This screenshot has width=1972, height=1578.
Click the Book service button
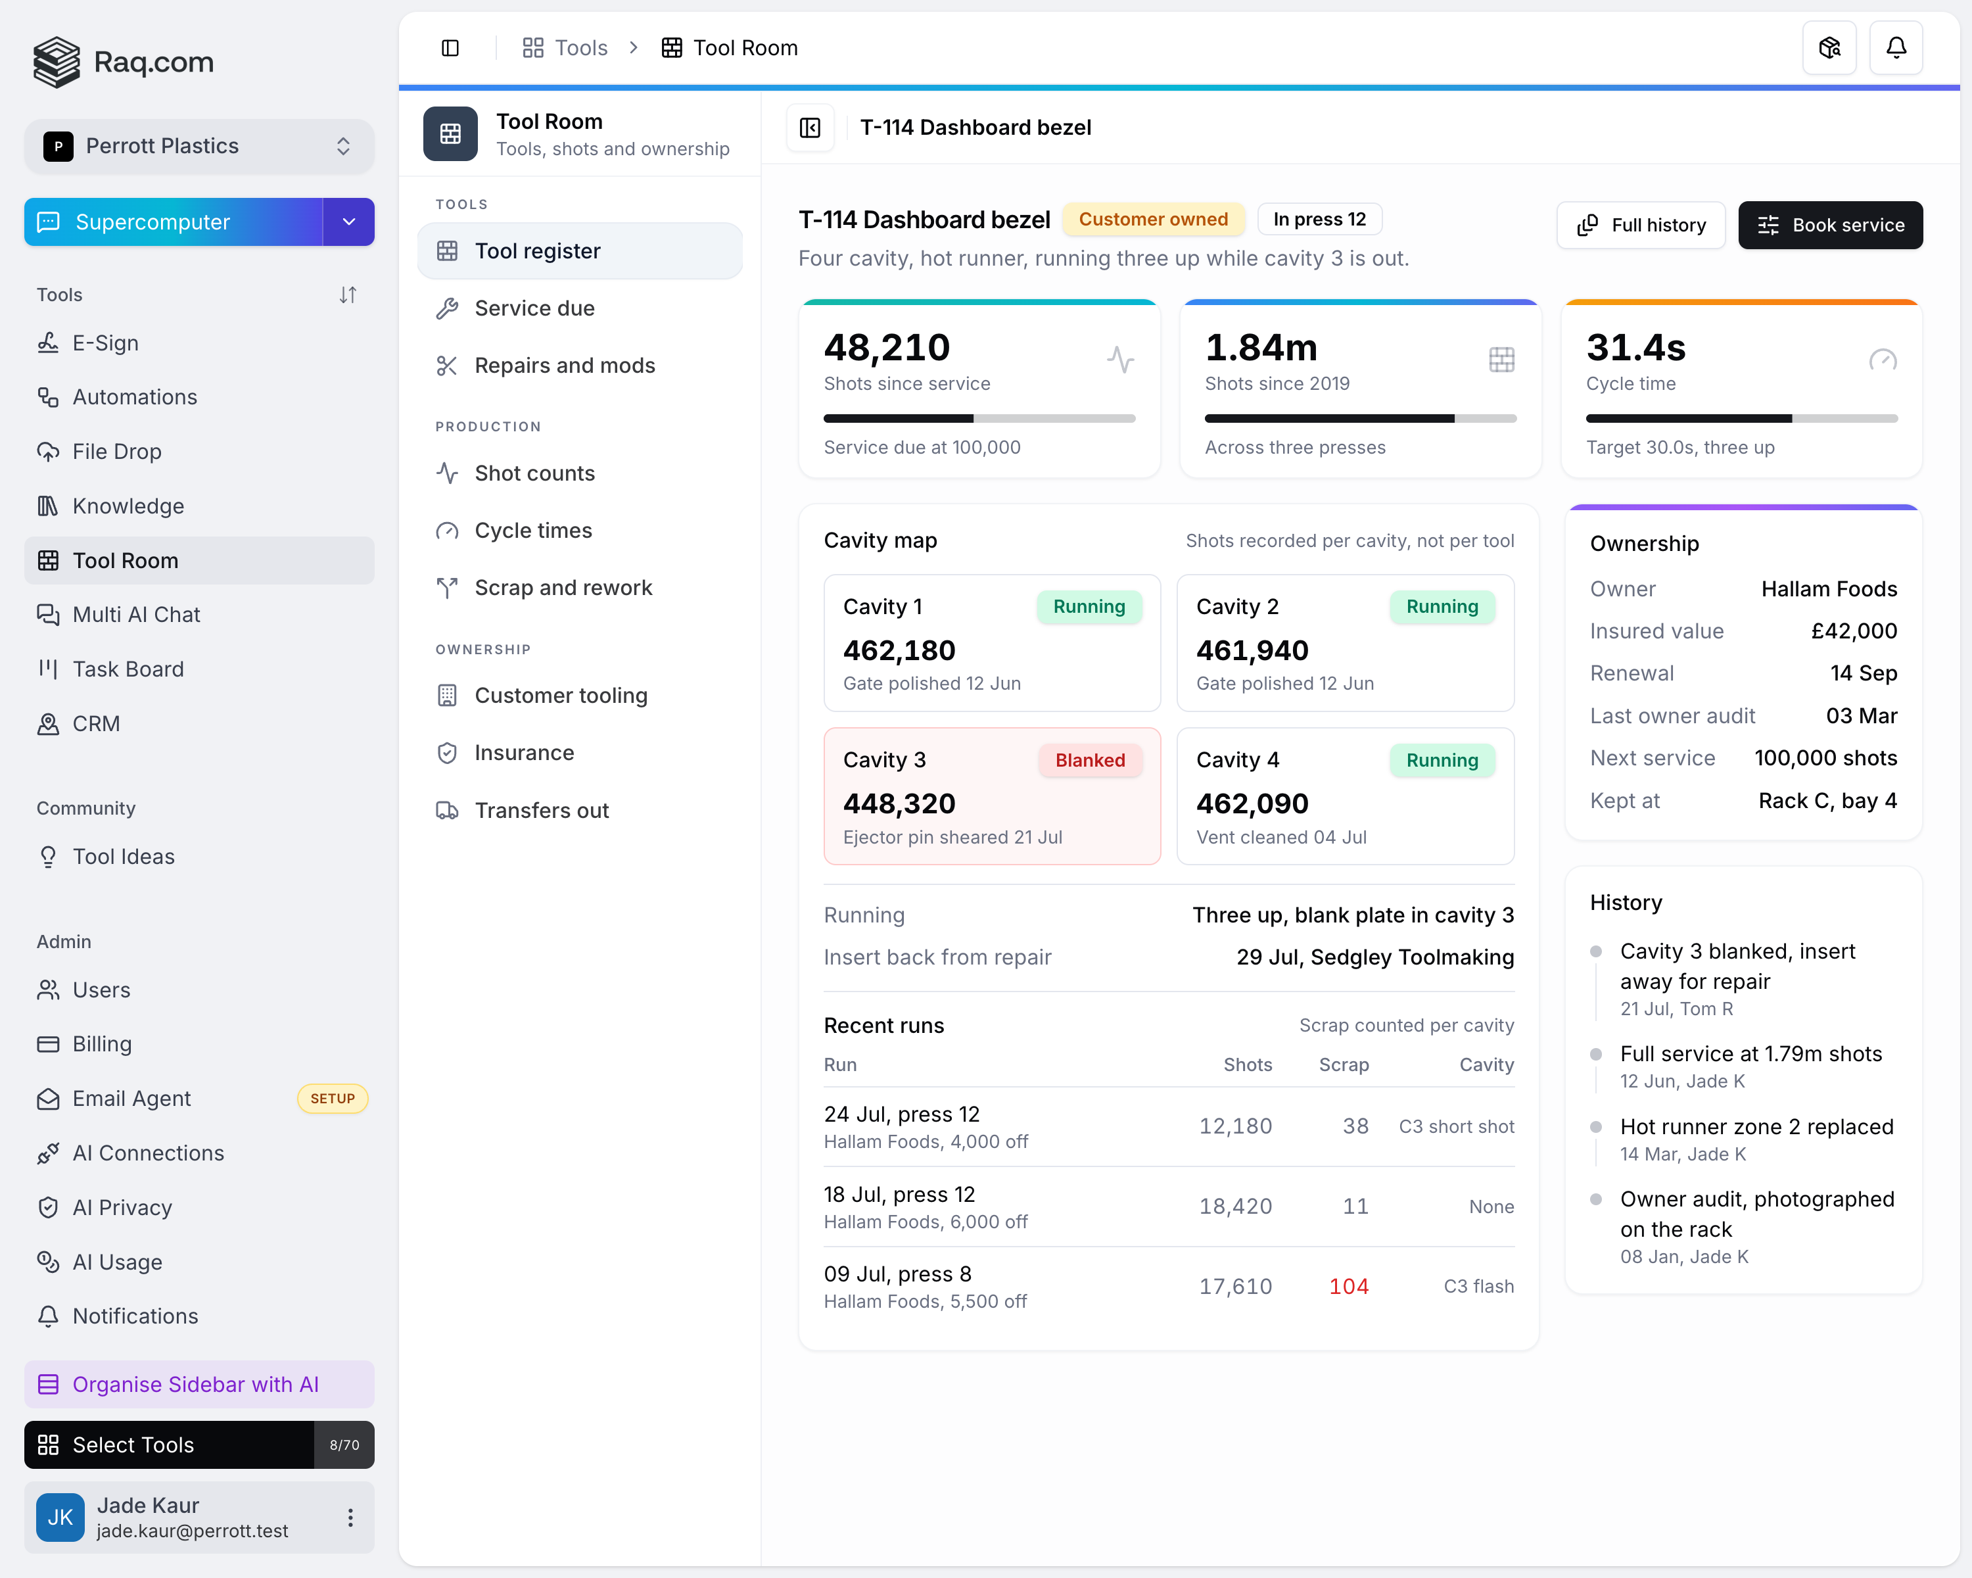pyautogui.click(x=1829, y=225)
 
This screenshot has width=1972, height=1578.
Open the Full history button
pyautogui.click(x=1641, y=225)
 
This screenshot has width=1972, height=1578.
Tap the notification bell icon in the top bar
pyautogui.click(x=1896, y=47)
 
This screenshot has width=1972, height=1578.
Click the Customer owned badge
pyautogui.click(x=1154, y=220)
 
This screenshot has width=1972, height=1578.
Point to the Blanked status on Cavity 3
pyautogui.click(x=1091, y=760)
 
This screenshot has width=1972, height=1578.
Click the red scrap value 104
pyautogui.click(x=1348, y=1286)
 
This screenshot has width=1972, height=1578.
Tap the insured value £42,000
pyautogui.click(x=1854, y=631)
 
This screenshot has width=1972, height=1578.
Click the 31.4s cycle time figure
pyautogui.click(x=1635, y=348)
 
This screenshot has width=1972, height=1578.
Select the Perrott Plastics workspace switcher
pyautogui.click(x=199, y=147)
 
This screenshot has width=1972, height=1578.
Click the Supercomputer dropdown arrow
pyautogui.click(x=348, y=222)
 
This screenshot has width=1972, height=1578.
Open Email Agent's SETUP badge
pyautogui.click(x=332, y=1099)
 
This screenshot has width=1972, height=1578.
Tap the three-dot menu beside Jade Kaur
pyautogui.click(x=350, y=1518)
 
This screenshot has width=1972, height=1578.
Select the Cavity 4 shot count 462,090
pyautogui.click(x=1252, y=803)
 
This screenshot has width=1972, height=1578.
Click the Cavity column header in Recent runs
pyautogui.click(x=1486, y=1064)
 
